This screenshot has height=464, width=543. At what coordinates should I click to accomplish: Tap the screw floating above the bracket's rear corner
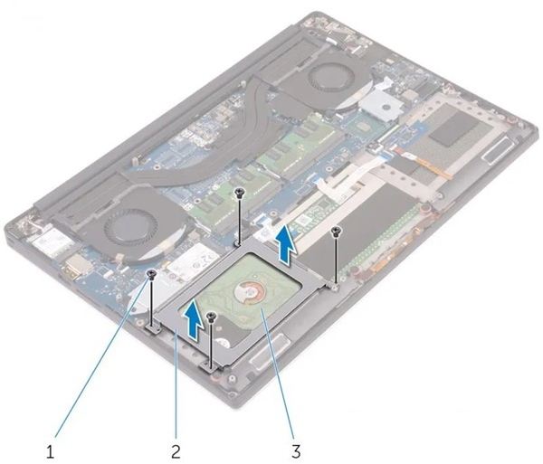(238, 193)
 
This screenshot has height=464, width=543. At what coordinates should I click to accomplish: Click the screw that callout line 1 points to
(152, 271)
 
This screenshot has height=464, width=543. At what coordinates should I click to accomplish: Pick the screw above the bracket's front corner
(210, 317)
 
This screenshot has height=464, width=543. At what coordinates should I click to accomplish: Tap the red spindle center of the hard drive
(245, 292)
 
